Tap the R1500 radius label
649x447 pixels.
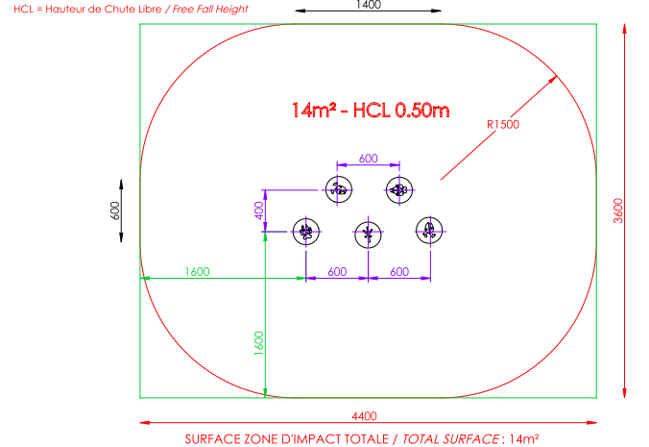point(503,124)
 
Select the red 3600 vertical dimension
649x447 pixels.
point(617,209)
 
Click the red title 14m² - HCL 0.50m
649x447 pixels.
point(371,110)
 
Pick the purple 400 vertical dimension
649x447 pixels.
point(258,211)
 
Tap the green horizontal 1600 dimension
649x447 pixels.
point(196,272)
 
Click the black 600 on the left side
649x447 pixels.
point(115,211)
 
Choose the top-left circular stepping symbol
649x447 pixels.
point(338,189)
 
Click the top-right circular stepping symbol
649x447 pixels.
point(397,189)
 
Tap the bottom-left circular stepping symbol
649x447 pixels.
point(306,231)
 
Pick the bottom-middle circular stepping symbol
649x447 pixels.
point(368,233)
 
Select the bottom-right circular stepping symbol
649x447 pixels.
point(429,231)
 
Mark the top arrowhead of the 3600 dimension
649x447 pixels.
point(625,29)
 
